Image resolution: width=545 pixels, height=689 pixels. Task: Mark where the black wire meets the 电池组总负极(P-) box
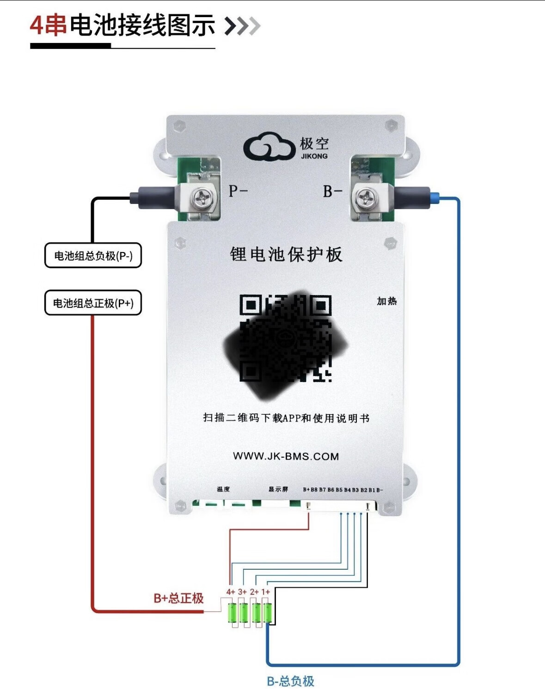92,243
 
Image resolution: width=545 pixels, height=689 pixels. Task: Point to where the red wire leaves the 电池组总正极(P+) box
92,315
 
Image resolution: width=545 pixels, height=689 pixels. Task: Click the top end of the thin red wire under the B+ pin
308,513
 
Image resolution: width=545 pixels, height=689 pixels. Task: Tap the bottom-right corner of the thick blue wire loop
458,664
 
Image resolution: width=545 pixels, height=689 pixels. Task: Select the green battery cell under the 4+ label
232,613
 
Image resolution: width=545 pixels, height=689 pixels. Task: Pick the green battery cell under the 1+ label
267,613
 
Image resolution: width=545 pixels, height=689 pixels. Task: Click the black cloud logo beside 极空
269,147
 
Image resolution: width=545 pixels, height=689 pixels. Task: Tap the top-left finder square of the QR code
251,305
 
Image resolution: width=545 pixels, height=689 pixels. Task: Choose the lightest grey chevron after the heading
254,25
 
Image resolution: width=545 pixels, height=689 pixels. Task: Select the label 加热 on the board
386,301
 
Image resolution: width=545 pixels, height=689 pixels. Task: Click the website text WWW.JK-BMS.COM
286,456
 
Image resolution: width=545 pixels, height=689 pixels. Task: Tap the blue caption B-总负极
291,681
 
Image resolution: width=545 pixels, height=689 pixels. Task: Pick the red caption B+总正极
178,598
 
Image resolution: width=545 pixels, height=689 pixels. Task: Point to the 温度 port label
223,489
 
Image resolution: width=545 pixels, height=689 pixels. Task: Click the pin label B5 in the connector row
339,490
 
